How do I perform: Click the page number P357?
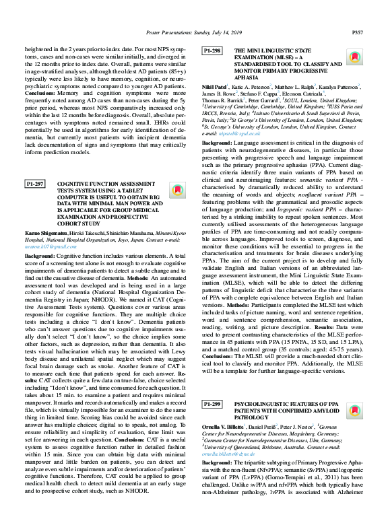click(x=358, y=31)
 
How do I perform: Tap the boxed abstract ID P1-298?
click(x=212, y=51)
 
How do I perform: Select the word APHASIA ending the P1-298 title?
click(x=247, y=77)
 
